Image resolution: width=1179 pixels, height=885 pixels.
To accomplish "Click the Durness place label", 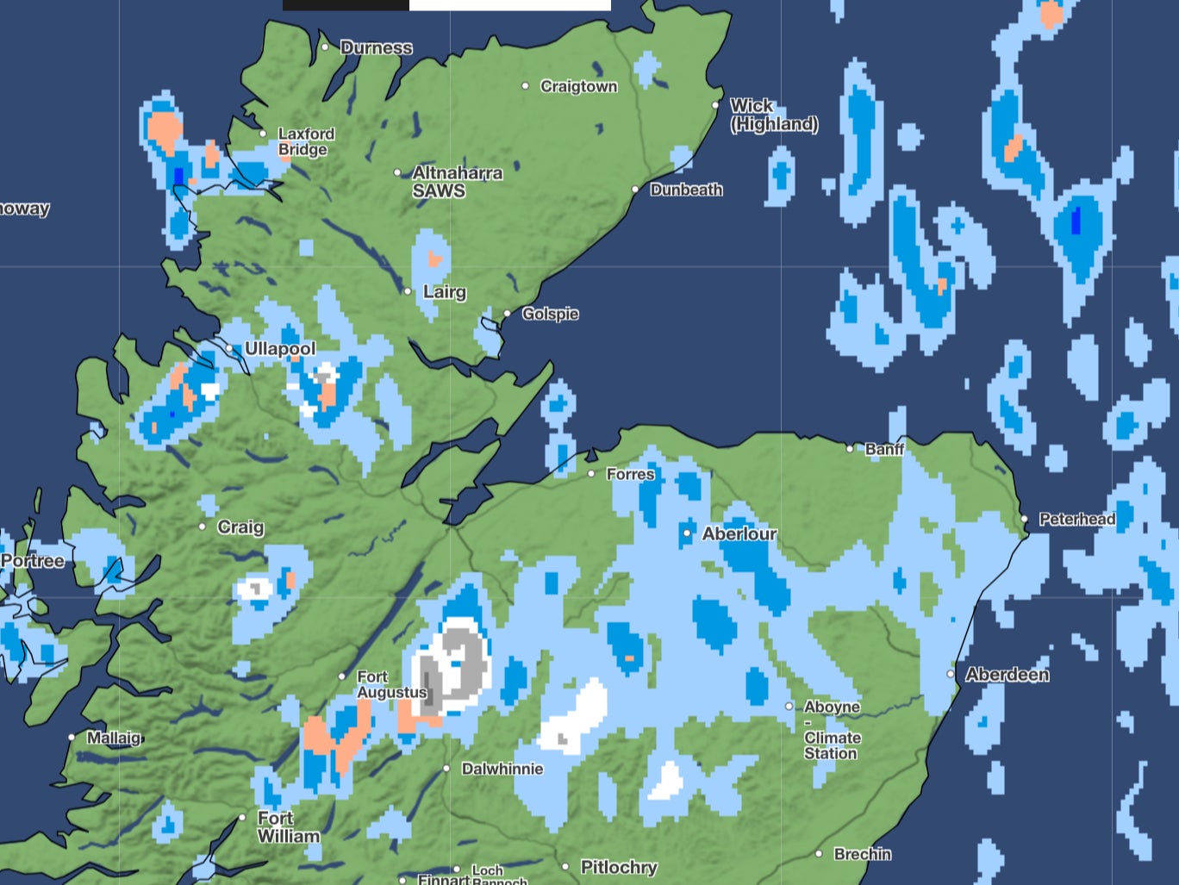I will point(376,48).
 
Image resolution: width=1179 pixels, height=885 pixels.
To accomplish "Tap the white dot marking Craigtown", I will point(526,86).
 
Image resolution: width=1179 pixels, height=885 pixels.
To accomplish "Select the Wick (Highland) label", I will point(774,115).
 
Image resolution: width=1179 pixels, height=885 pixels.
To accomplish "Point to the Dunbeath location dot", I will point(635,190).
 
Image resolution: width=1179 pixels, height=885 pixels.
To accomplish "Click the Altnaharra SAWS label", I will point(457,182).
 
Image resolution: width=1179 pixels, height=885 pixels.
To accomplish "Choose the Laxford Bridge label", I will point(306,142).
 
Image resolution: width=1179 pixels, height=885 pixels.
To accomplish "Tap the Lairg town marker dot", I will point(409,291).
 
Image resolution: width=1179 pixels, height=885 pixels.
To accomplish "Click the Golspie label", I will point(550,314).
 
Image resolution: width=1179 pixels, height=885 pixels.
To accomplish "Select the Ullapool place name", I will point(280,349).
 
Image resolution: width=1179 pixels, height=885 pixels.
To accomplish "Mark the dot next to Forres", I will point(591,474).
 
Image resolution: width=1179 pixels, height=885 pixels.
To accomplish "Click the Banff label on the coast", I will point(884,449).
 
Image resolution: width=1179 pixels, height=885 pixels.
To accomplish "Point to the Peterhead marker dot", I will point(1025,519).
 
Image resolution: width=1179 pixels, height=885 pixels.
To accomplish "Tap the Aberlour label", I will point(739,534).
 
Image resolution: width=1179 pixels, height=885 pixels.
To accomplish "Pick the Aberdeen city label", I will point(1007,675).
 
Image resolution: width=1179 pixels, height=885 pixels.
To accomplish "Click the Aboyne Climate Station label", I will point(832,730).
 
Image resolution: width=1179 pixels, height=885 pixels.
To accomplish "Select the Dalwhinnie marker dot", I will point(446,769).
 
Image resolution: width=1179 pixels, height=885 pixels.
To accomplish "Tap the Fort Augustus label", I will point(391,685).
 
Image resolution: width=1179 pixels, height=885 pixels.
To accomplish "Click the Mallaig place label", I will point(114,738).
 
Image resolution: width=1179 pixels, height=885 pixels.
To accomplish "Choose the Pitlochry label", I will point(619,867).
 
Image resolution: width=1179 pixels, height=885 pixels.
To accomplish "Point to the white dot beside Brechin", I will point(819,854).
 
